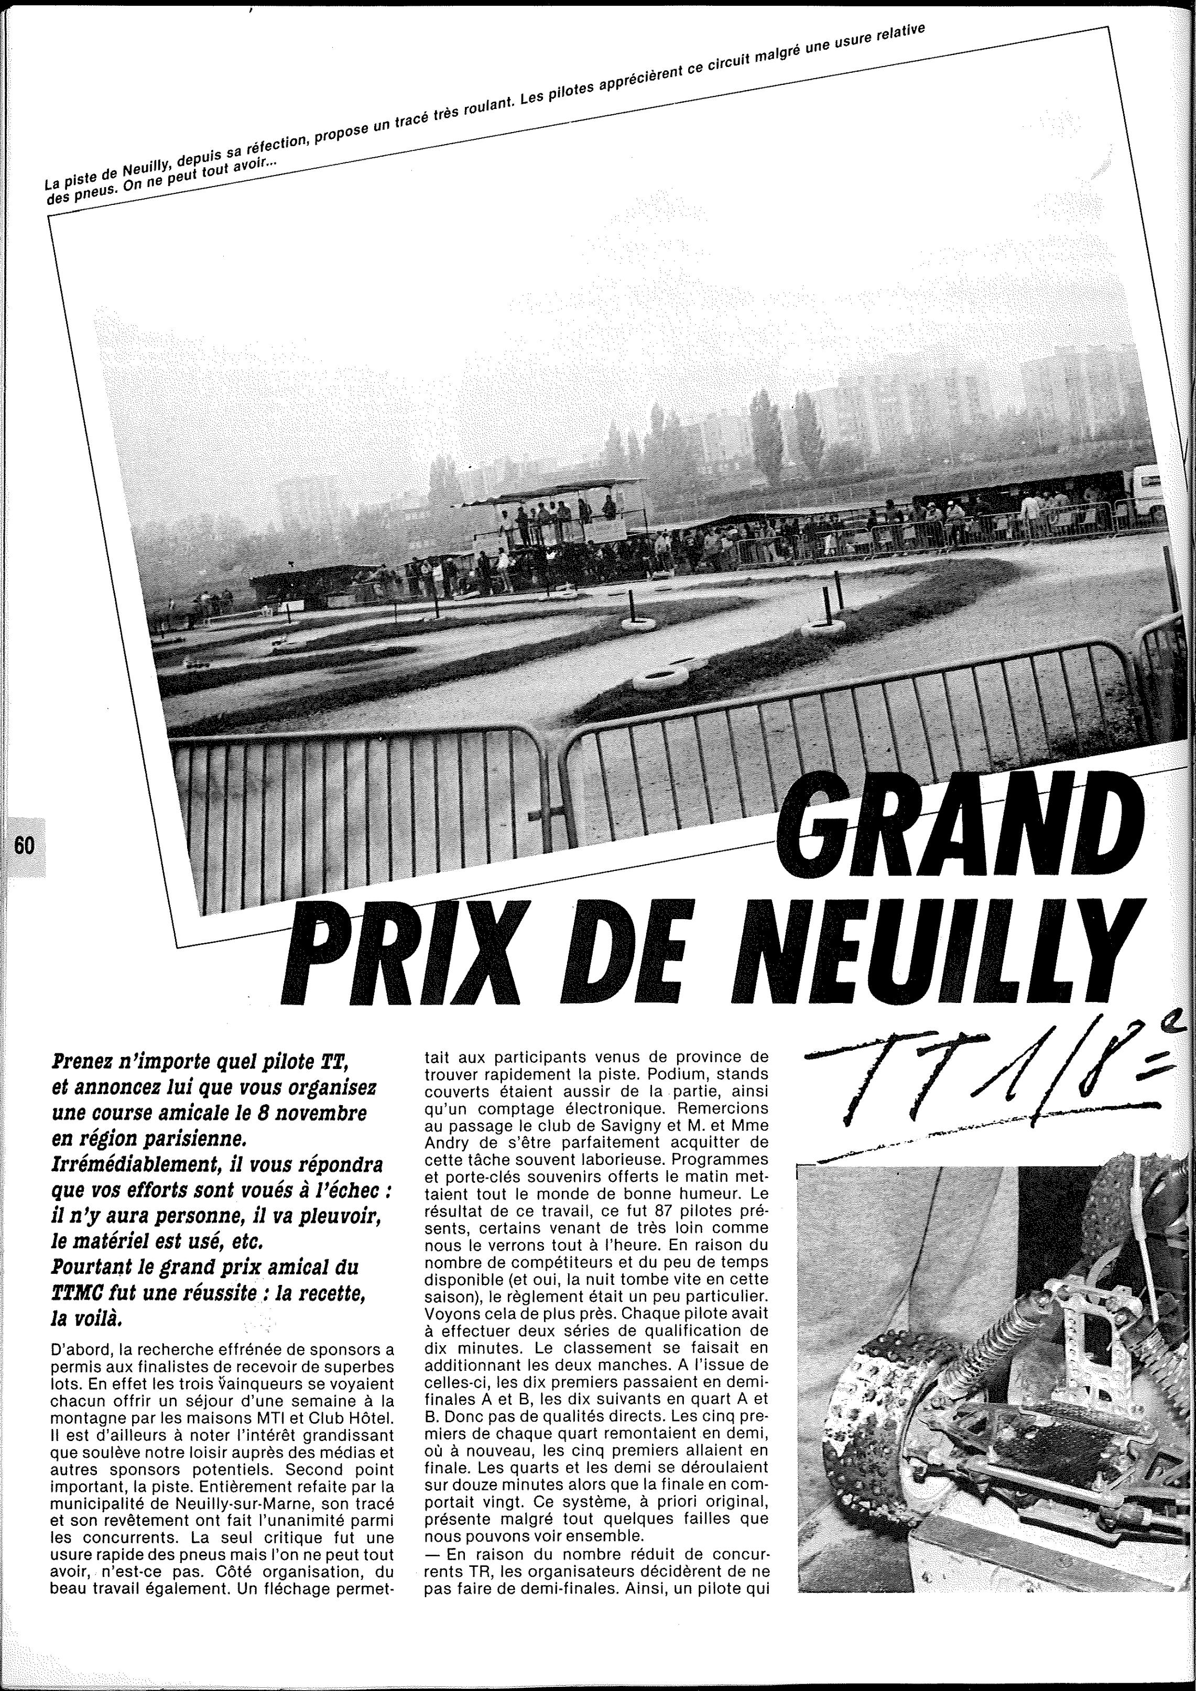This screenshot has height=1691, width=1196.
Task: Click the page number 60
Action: click(24, 846)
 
